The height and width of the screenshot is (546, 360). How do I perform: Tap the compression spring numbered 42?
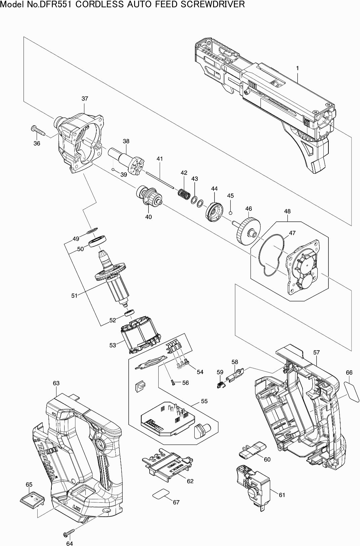tap(184, 194)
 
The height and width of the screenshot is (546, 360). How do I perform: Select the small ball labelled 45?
tap(231, 212)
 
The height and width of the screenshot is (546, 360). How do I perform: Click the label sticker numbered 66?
tap(352, 390)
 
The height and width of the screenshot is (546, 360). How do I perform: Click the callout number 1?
tap(297, 68)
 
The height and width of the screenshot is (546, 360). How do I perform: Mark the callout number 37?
tap(85, 98)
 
